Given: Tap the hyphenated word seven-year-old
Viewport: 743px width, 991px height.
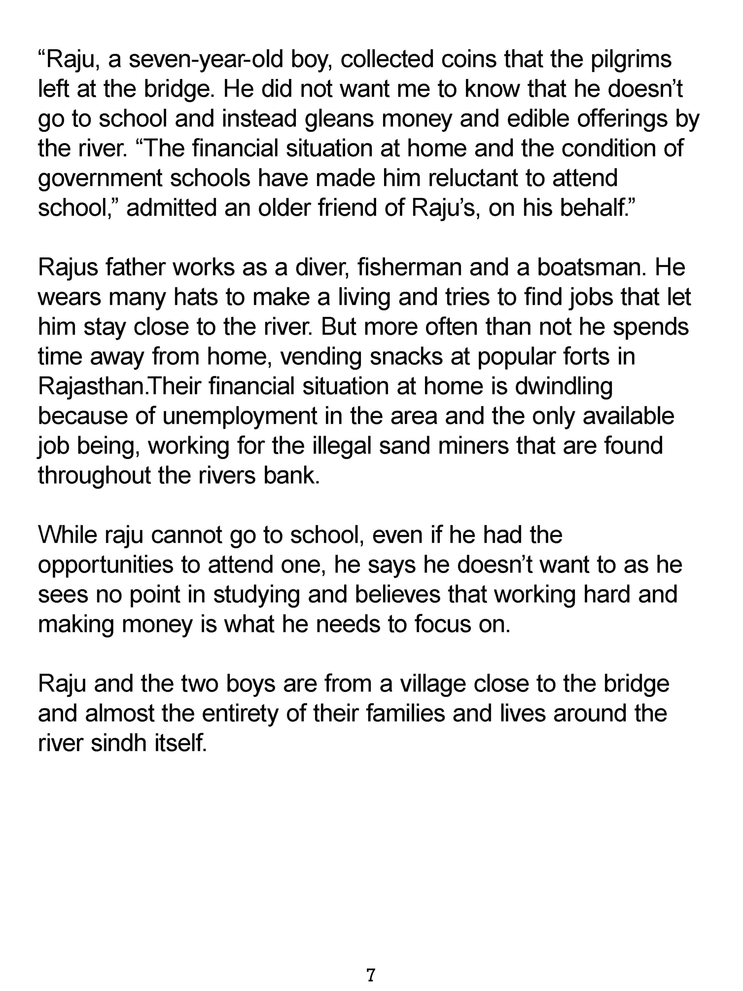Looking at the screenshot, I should point(206,59).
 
